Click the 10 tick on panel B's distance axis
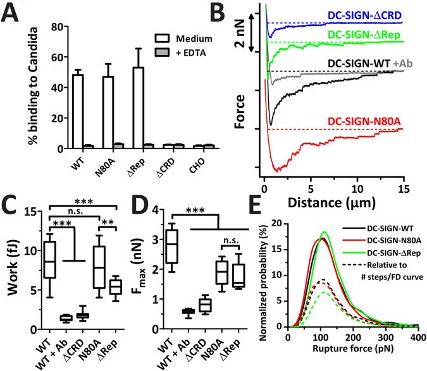[x=357, y=188]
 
